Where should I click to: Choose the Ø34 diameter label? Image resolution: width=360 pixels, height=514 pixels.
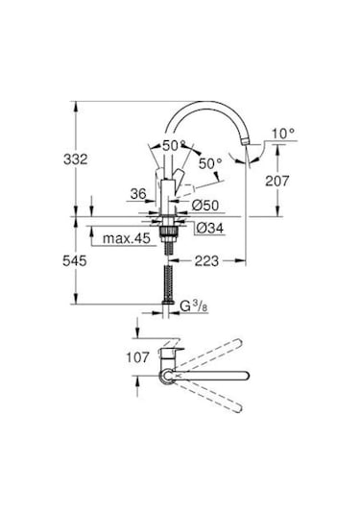[208, 228]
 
